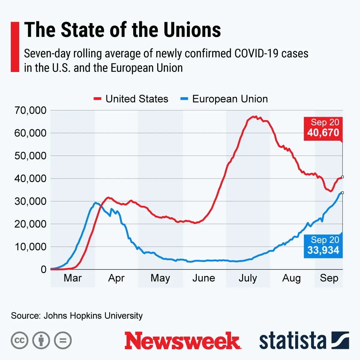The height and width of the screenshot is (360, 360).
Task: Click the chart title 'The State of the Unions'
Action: pyautogui.click(x=122, y=30)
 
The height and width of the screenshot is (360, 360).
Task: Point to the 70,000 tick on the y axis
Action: pyautogui.click(x=31, y=110)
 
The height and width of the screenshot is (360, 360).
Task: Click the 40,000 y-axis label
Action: pyautogui.click(x=31, y=178)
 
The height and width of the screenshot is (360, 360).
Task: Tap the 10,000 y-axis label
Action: pyautogui.click(x=31, y=247)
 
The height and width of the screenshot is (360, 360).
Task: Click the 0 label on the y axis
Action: pyautogui.click(x=43, y=269)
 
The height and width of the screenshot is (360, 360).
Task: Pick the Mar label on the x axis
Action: pyautogui.click(x=73, y=278)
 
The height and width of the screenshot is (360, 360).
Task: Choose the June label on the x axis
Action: pyautogui.click(x=204, y=278)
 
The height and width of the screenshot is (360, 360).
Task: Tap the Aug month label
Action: pyautogui.click(x=291, y=278)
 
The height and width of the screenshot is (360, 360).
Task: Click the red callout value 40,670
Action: pyautogui.click(x=323, y=133)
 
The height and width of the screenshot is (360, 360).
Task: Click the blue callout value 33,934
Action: pyautogui.click(x=323, y=250)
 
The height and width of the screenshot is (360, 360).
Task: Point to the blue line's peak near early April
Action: pyautogui.click(x=95, y=203)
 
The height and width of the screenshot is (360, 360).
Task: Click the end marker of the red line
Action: pyautogui.click(x=342, y=177)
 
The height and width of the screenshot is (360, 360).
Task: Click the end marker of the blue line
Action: pyautogui.click(x=342, y=193)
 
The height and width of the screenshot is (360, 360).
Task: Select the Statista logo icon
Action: pyautogui.click(x=340, y=340)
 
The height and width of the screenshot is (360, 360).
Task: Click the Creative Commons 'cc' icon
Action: pyautogui.click(x=19, y=340)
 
